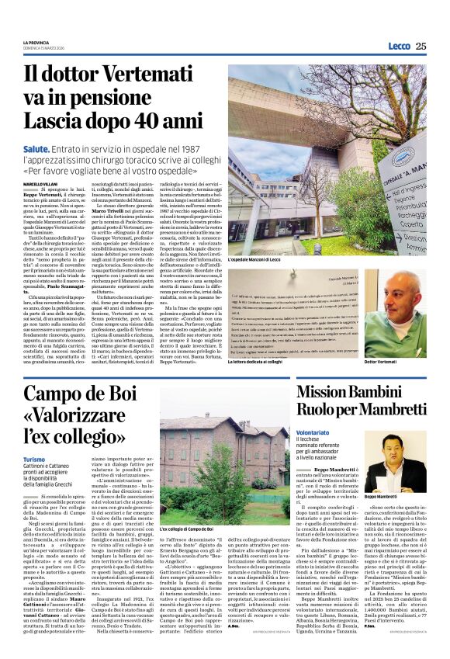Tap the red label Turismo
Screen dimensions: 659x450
34,459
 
